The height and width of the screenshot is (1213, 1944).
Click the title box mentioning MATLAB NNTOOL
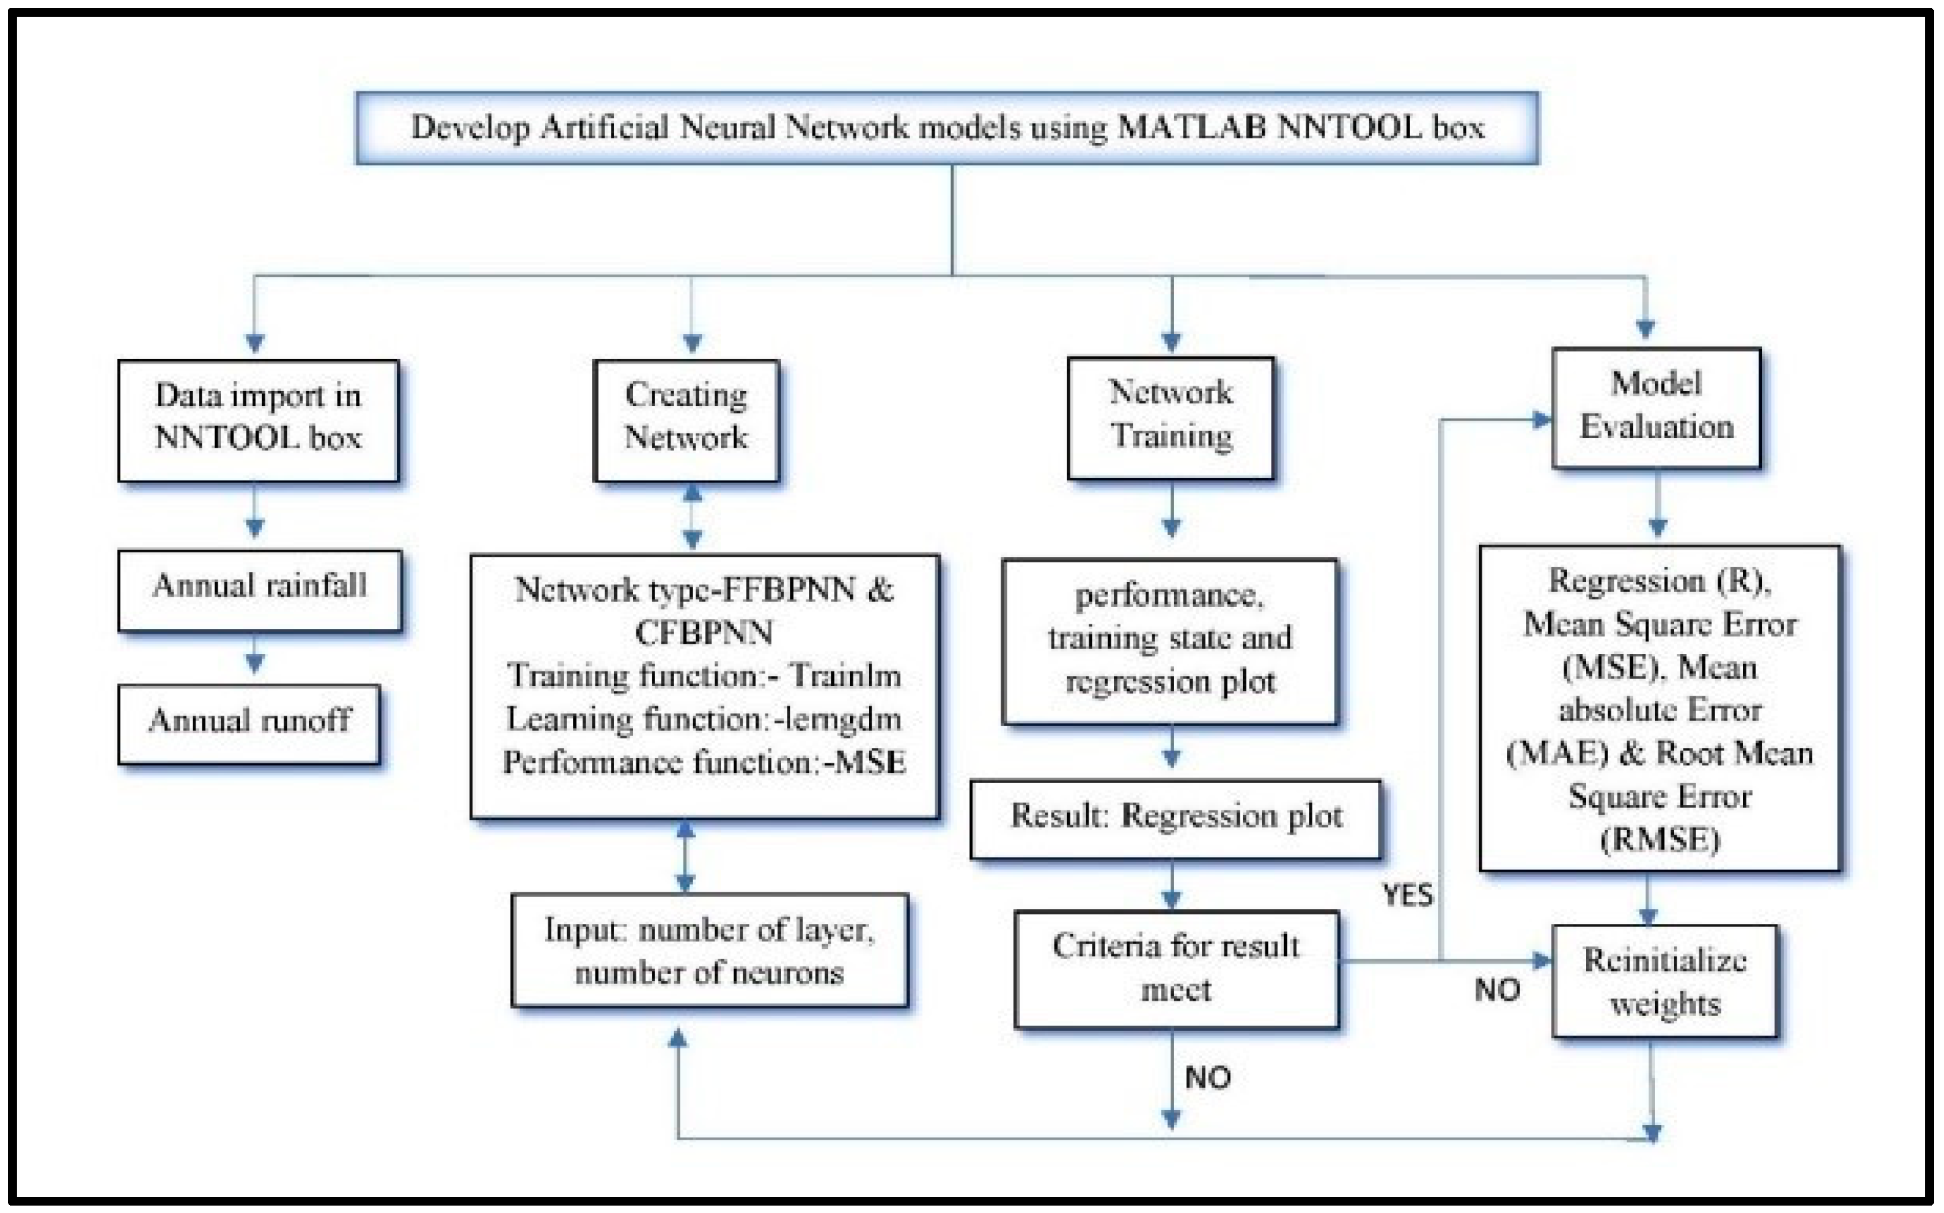pyautogui.click(x=947, y=128)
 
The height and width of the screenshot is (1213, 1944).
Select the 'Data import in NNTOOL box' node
pyautogui.click(x=258, y=419)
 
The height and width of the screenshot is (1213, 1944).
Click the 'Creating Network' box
pyautogui.click(x=687, y=419)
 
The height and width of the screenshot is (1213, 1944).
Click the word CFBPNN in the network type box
pyautogui.click(x=704, y=633)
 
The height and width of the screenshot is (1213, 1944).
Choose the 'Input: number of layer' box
pyautogui.click(x=710, y=951)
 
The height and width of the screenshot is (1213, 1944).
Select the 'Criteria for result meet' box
pyautogui.click(x=1176, y=968)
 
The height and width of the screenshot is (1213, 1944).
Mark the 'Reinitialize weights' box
pyautogui.click(x=1665, y=981)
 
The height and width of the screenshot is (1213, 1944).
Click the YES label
pyautogui.click(x=1408, y=894)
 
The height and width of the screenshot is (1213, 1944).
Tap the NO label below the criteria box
pyautogui.click(x=1208, y=1077)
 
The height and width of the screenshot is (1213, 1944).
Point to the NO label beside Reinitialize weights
pyautogui.click(x=1496, y=991)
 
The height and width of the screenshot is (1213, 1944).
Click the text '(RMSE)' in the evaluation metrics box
pyautogui.click(x=1659, y=840)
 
